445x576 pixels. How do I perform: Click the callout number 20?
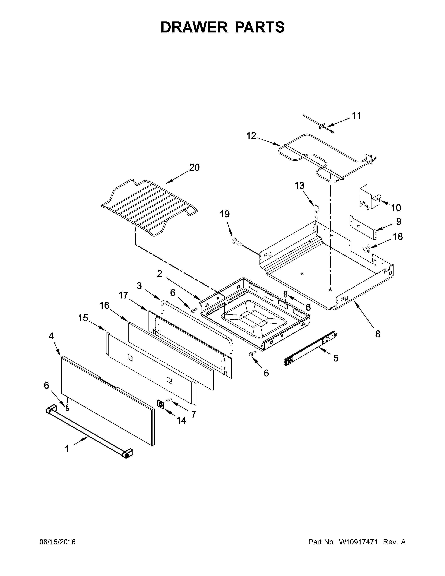194,167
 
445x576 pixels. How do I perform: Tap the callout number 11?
357,116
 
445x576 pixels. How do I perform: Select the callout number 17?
123,295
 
